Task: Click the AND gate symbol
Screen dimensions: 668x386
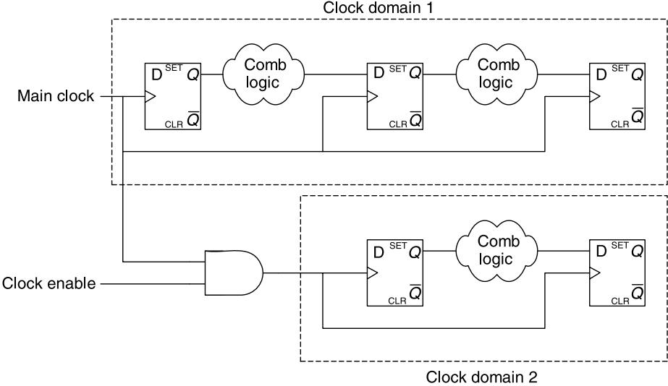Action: tap(234, 273)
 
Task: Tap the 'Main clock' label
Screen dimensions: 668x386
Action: tap(56, 95)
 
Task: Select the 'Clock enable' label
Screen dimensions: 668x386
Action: tap(49, 283)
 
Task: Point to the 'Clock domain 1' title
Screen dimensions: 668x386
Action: tap(379, 8)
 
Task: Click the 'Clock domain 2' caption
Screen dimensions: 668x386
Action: tap(481, 377)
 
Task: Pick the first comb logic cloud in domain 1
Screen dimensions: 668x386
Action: tap(263, 74)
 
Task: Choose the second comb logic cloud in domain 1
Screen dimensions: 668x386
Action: tap(496, 74)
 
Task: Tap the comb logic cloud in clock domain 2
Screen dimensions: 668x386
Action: tap(496, 251)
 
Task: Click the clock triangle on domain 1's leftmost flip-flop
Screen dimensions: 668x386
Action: tap(151, 97)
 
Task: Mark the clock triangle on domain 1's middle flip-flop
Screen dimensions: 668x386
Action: tap(372, 97)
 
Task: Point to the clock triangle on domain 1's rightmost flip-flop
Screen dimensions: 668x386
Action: tap(595, 97)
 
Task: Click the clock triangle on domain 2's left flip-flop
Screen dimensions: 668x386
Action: tap(372, 273)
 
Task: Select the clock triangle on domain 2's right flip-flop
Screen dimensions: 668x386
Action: tap(595, 273)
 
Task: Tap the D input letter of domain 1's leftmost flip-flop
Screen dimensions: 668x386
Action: tap(157, 75)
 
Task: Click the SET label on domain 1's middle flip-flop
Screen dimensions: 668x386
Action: tap(398, 69)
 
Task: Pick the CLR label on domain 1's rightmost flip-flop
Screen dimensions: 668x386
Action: tap(620, 124)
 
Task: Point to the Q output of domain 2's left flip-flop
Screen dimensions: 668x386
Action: tap(415, 252)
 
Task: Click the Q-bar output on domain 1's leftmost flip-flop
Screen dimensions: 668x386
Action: tap(193, 119)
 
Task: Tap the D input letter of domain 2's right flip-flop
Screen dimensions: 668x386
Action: tap(601, 252)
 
